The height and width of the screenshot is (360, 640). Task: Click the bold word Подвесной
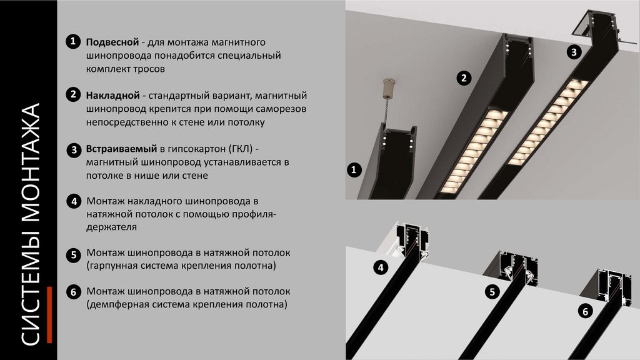pos(112,42)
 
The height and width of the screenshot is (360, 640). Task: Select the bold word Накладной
pos(112,96)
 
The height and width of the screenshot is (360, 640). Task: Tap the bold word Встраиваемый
pos(121,149)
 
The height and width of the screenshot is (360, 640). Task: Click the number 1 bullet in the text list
pos(73,41)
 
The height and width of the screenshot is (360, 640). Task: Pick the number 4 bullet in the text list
pos(74,201)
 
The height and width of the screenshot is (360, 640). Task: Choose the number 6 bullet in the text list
pos(74,292)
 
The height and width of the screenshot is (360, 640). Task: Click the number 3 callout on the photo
pos(574,52)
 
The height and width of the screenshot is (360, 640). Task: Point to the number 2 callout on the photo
pos(464,77)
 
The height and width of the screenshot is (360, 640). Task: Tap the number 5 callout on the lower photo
pos(492,291)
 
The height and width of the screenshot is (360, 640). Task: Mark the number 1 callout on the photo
pos(354,169)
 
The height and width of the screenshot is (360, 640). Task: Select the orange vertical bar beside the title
pos(49,315)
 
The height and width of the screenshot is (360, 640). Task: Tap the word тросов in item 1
pos(149,69)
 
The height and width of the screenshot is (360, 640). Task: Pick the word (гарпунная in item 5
pos(112,266)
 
